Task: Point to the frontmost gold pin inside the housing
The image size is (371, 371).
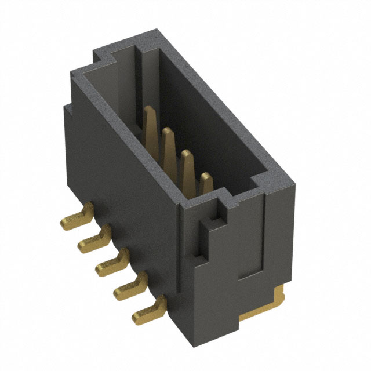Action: coord(206,183)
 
